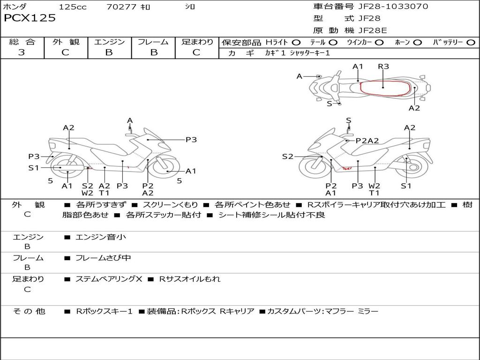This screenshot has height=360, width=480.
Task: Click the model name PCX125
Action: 30,18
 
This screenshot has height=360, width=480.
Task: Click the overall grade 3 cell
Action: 22,52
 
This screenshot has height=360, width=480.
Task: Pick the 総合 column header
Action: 22,42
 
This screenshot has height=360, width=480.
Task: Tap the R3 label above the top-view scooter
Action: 383,67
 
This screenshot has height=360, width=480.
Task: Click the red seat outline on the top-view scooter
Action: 383,88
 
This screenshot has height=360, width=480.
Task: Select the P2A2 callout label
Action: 367,140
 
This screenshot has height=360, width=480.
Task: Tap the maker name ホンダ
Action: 15,7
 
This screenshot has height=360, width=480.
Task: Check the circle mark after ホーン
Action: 418,43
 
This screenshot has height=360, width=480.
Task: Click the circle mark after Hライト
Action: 296,43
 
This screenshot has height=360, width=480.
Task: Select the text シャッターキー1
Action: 310,53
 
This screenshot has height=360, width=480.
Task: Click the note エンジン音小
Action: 101,237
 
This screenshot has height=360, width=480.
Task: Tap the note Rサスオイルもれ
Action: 190,279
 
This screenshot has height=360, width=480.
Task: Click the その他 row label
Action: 29,311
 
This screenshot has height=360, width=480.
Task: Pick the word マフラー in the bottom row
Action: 339,311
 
